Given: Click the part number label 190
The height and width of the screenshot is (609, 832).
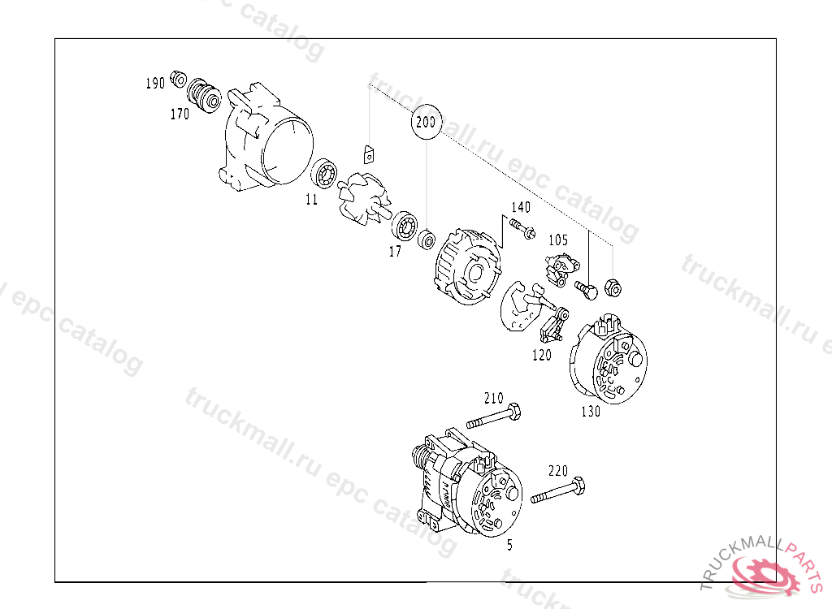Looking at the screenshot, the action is tap(155, 84).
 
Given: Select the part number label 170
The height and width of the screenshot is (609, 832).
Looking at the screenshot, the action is tap(180, 114).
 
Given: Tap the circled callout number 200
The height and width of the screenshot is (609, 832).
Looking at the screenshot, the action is tap(426, 123).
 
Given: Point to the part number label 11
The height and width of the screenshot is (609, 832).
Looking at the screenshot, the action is tap(311, 200).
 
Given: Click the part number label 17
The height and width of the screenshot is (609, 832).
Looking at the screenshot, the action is tap(396, 252).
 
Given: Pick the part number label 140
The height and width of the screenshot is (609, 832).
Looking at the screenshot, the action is tap(521, 207).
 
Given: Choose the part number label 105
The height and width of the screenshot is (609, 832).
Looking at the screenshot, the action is tap(558, 240).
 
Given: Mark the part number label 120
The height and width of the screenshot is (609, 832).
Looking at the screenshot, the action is tap(542, 355).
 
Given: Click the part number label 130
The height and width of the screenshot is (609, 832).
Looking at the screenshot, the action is tap(591, 412).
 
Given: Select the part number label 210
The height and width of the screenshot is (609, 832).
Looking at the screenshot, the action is tap(493, 398).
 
